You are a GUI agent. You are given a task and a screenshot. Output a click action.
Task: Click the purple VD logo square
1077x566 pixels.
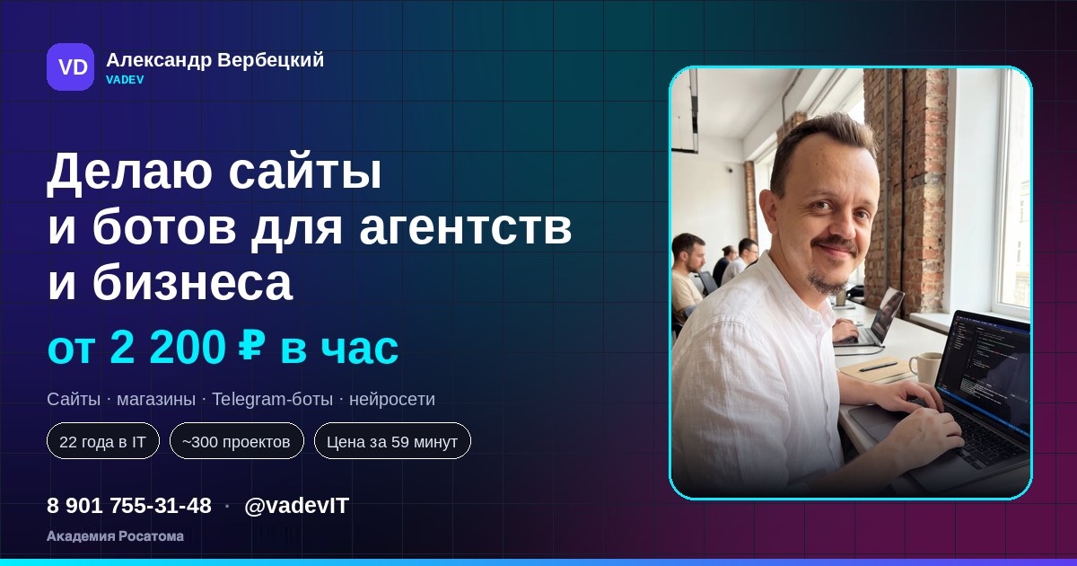tap(70, 66)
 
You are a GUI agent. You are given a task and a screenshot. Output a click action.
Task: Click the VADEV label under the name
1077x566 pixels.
tap(125, 80)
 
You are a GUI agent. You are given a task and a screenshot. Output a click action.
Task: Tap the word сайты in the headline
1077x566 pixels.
tap(305, 172)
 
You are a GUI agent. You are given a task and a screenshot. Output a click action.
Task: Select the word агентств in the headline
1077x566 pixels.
tap(466, 227)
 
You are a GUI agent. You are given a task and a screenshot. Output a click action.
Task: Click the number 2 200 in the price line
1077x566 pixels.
tap(168, 348)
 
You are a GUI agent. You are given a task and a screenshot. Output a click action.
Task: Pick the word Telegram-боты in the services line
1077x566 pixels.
tap(272, 399)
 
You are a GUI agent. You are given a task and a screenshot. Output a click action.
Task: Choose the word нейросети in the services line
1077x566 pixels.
tap(392, 400)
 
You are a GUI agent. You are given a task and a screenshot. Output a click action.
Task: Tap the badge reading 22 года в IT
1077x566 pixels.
tap(103, 441)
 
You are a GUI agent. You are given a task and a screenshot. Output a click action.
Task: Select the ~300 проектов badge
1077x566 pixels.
tap(237, 441)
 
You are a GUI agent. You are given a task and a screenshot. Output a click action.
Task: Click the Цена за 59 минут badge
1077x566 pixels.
tap(392, 441)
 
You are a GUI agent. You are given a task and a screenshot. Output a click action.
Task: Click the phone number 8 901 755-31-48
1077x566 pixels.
tap(129, 505)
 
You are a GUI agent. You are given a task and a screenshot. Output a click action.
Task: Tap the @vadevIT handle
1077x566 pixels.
tap(297, 506)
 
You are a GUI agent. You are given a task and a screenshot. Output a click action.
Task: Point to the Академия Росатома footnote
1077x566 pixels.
tap(116, 536)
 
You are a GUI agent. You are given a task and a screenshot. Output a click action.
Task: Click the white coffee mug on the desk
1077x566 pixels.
tap(924, 367)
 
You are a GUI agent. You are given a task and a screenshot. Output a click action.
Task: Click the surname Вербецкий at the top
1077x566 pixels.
tap(271, 61)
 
